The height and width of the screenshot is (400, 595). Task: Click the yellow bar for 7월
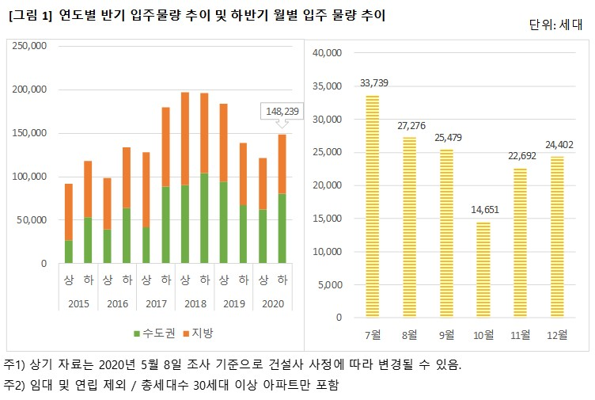tap(373, 206)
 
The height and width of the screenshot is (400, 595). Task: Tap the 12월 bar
tap(556, 237)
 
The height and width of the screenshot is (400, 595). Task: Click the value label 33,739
tap(373, 82)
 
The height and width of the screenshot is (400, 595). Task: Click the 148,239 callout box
tap(282, 112)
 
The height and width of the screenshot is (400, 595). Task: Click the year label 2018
tap(195, 302)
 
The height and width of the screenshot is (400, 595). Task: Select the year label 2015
tap(78, 302)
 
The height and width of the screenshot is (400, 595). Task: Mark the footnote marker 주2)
tap(16, 385)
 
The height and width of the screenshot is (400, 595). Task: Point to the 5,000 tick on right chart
tap(329, 284)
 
